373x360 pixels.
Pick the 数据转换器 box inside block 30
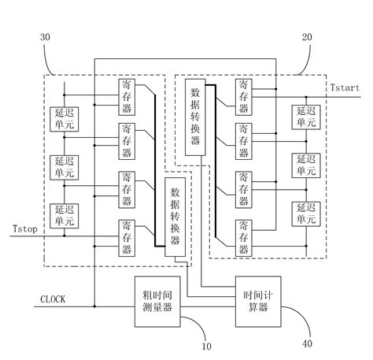coord(174,216)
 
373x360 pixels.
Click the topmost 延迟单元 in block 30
coord(62,121)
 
